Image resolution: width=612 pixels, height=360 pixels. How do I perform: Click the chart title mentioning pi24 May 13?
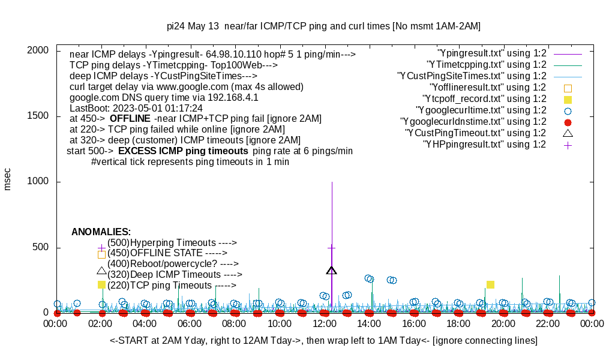click(x=323, y=26)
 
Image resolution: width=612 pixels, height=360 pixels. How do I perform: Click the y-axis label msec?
click(x=8, y=179)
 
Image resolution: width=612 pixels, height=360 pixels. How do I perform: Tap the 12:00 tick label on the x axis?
click(x=325, y=323)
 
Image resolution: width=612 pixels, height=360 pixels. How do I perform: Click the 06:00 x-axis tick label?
click(x=190, y=323)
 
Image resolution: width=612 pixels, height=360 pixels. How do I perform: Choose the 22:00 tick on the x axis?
click(x=548, y=323)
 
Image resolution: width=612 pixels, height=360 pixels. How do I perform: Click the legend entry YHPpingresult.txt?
click(x=484, y=145)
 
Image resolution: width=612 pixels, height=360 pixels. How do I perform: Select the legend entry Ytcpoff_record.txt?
click(x=484, y=99)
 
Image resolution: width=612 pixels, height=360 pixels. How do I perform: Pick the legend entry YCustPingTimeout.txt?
click(x=475, y=133)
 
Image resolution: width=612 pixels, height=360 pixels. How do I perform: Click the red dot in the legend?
click(x=568, y=122)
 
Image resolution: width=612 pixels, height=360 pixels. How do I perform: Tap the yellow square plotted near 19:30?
click(x=490, y=284)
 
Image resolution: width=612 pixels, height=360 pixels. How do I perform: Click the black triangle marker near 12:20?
click(x=332, y=271)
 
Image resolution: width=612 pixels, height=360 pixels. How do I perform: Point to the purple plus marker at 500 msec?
click(x=332, y=247)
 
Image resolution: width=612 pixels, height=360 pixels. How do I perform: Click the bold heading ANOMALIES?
click(x=101, y=232)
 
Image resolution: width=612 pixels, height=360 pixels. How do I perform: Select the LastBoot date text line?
click(x=136, y=108)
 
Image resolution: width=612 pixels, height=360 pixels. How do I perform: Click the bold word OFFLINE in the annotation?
click(x=130, y=119)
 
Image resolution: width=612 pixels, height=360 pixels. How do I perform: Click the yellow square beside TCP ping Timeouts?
click(x=101, y=285)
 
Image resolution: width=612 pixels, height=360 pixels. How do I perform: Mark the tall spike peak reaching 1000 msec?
click(x=332, y=182)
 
